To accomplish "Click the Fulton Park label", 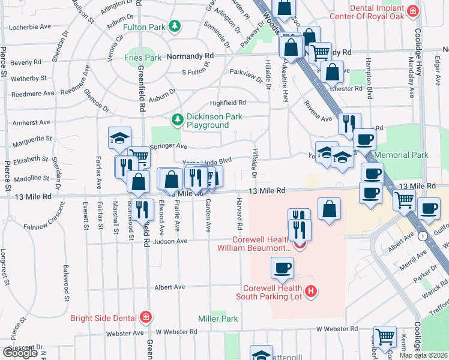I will pyautogui.click(x=145, y=27).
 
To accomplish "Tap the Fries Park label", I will pyautogui.click(x=143, y=58).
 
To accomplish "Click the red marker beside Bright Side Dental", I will pyautogui.click(x=145, y=317).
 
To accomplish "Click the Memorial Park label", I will pyautogui.click(x=401, y=155).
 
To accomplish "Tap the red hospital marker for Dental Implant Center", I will pyautogui.click(x=412, y=11).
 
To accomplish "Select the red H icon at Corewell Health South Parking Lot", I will pyautogui.click(x=311, y=292).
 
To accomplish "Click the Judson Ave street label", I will pyautogui.click(x=170, y=242).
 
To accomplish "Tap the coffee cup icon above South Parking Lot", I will pyautogui.click(x=282, y=267).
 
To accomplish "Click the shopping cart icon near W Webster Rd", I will pyautogui.click(x=384, y=336).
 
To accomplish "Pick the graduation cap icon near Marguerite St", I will pyautogui.click(x=119, y=137).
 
